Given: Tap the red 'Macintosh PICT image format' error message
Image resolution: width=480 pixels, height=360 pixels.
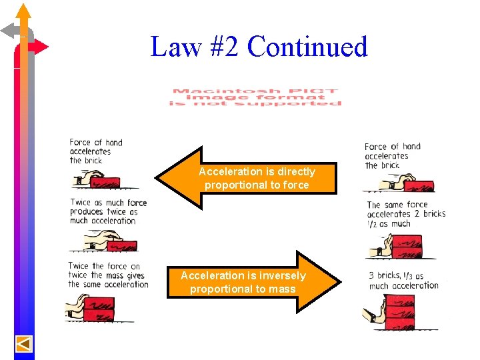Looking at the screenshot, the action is [x=255, y=97].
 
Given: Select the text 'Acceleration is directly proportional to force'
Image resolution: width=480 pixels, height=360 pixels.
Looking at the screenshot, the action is [x=257, y=178].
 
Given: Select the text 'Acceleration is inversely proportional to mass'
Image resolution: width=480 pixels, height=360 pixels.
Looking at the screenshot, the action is [x=243, y=282].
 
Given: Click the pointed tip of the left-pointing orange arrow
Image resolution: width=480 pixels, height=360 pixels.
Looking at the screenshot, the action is [x=159, y=177].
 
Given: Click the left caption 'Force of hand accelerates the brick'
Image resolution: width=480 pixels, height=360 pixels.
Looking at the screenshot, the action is [x=95, y=151].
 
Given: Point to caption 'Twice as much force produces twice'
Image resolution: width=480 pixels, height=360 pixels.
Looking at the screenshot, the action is [x=107, y=211].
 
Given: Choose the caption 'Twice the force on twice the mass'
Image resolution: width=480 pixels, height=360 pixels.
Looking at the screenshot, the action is [x=107, y=275].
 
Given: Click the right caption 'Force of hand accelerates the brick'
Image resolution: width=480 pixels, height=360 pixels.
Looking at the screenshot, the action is [x=392, y=155].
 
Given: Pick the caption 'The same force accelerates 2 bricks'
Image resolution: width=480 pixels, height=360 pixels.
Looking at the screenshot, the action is [x=405, y=215].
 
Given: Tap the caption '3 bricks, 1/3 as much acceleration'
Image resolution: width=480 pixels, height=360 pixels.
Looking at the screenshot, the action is [x=403, y=281].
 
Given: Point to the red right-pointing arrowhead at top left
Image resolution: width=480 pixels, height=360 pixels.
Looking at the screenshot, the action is [x=41, y=47].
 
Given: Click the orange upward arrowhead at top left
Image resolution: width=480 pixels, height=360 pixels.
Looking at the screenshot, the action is [x=24, y=11].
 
